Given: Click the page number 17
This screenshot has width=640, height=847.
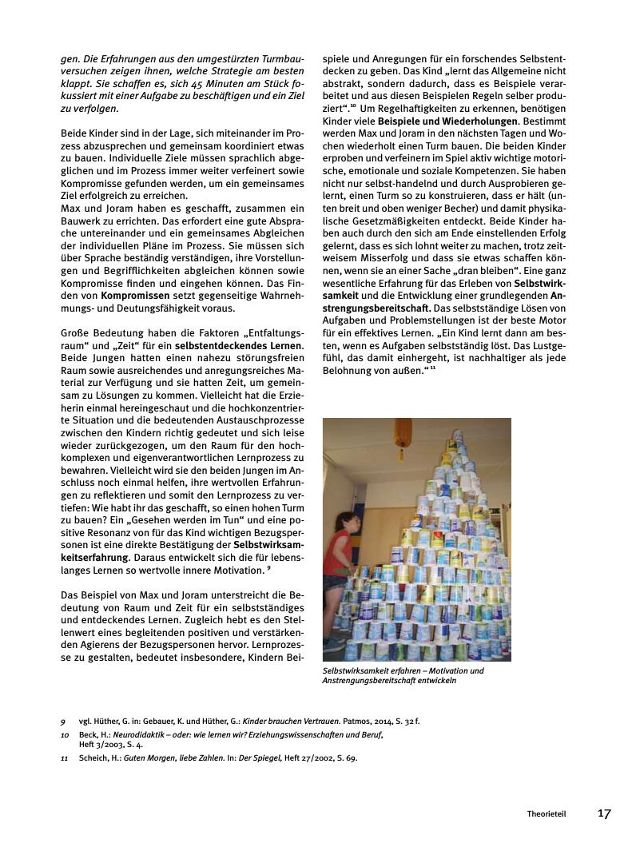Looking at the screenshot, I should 604,814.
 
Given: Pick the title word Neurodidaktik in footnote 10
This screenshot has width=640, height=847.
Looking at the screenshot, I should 131,734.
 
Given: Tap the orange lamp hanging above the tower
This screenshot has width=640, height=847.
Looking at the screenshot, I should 404,432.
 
